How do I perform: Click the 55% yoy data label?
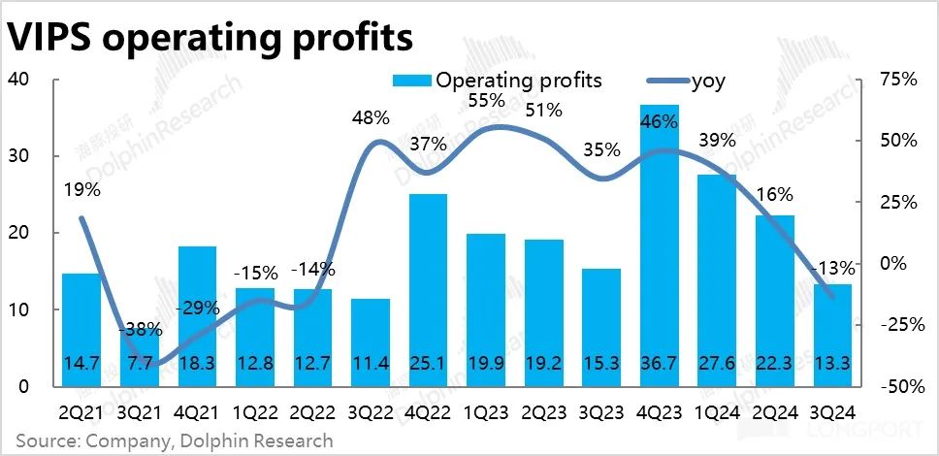486,100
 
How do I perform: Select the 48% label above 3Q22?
371,118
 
